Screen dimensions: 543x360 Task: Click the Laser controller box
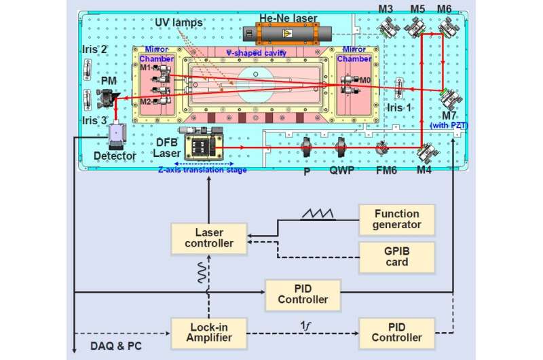pyautogui.click(x=209, y=238)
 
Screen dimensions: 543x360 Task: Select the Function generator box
pyautogui.click(x=396, y=219)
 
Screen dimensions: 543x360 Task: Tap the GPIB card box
pyautogui.click(x=396, y=257)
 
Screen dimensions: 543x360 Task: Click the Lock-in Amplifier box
pyautogui.click(x=209, y=333)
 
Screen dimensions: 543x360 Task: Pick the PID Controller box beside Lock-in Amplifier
pyautogui.click(x=396, y=333)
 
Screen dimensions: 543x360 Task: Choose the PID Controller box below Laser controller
pyautogui.click(x=303, y=295)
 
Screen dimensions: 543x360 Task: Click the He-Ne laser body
pyautogui.click(x=287, y=33)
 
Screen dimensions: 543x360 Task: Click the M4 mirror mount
pyautogui.click(x=428, y=151)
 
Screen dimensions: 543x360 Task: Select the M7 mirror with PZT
pyautogui.click(x=450, y=98)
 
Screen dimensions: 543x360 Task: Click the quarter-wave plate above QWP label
pyautogui.click(x=341, y=147)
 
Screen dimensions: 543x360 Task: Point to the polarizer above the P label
pyautogui.click(x=306, y=147)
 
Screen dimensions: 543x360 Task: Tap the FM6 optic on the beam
pyautogui.click(x=382, y=148)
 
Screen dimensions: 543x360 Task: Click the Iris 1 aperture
pyautogui.click(x=399, y=88)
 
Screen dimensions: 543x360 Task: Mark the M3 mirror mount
pyautogui.click(x=388, y=27)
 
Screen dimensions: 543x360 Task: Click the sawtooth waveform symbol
pyautogui.click(x=318, y=214)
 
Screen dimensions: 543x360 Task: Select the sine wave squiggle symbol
pyautogui.click(x=202, y=272)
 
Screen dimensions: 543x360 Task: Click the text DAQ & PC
pyautogui.click(x=116, y=346)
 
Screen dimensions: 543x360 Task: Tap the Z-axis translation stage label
pyautogui.click(x=202, y=170)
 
